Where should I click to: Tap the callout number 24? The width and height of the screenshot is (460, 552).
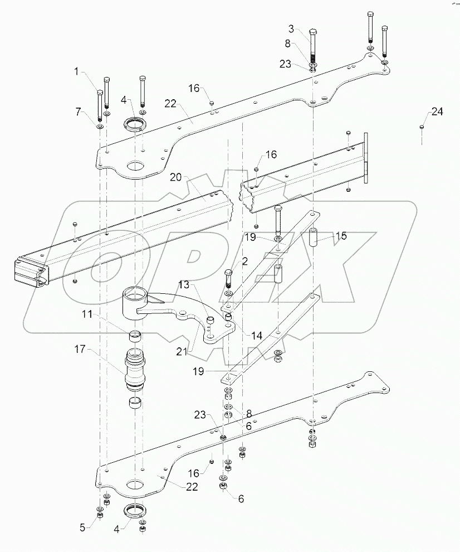[x=437, y=112]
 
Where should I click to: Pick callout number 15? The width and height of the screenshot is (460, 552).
[x=341, y=236]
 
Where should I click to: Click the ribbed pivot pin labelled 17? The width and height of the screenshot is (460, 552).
[x=136, y=369]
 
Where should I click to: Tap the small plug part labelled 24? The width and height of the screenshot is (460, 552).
[x=421, y=128]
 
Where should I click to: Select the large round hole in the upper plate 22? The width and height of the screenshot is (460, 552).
[x=134, y=166]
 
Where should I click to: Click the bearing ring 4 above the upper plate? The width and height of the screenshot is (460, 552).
[x=136, y=123]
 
